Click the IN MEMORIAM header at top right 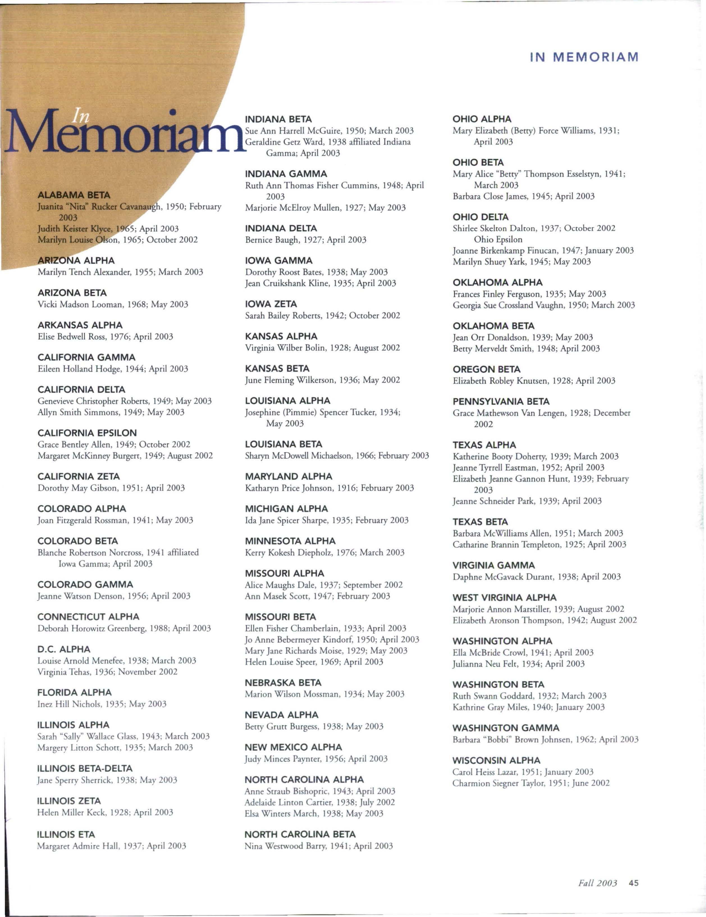[x=584, y=57]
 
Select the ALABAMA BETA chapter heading [x=74, y=195]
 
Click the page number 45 [x=633, y=883]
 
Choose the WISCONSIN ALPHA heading [x=496, y=760]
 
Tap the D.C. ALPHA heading [x=64, y=649]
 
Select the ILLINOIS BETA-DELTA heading [x=85, y=768]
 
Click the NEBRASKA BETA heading [x=283, y=683]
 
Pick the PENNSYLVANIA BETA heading [x=501, y=401]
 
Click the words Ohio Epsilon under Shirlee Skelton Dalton [x=498, y=239]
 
